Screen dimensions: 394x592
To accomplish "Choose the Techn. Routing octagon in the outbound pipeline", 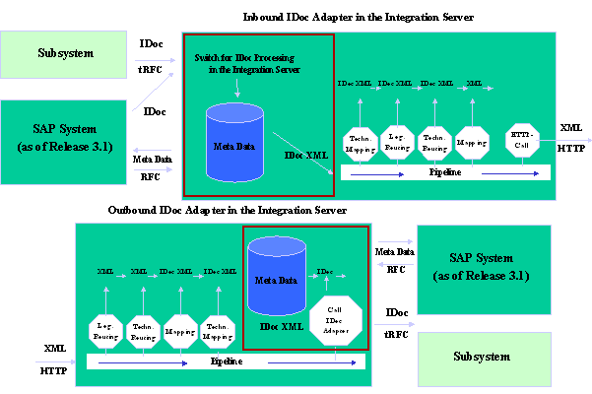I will coord(144,332).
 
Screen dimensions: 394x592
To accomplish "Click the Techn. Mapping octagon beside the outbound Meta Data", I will coord(218,332).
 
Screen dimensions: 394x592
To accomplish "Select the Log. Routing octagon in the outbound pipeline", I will coord(106,332).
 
